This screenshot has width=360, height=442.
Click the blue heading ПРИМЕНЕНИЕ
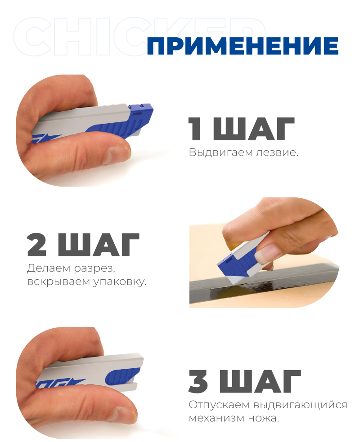(x=243, y=46)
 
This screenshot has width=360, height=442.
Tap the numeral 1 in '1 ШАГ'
(x=195, y=129)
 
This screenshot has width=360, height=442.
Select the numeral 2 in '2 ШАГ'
(x=37, y=245)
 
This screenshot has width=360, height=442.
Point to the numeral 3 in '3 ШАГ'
(x=198, y=381)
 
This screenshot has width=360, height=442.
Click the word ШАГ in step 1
(x=254, y=129)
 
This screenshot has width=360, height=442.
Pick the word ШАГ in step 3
(x=260, y=381)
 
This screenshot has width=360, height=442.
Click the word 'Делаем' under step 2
(x=49, y=268)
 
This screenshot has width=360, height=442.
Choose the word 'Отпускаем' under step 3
(x=219, y=405)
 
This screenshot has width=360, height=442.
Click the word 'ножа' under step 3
(x=264, y=418)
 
